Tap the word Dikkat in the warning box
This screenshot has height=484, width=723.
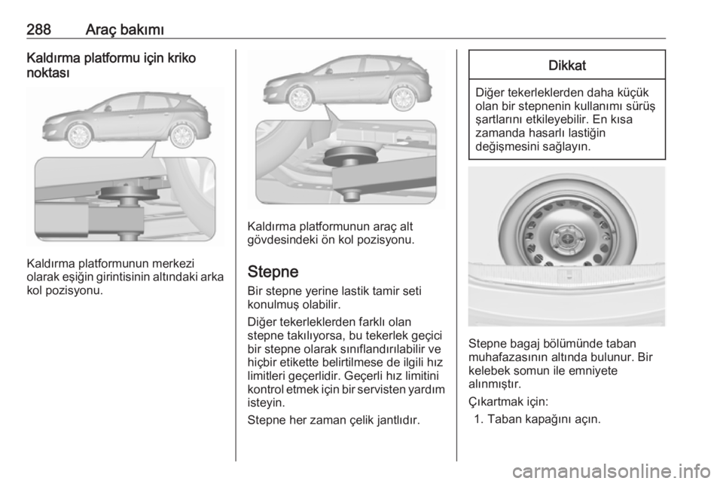tap(567, 66)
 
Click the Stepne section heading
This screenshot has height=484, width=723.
tap(275, 270)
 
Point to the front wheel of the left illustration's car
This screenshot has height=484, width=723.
tap(78, 135)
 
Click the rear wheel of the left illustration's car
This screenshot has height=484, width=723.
tap(181, 135)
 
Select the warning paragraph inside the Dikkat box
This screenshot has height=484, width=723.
tap(567, 120)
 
